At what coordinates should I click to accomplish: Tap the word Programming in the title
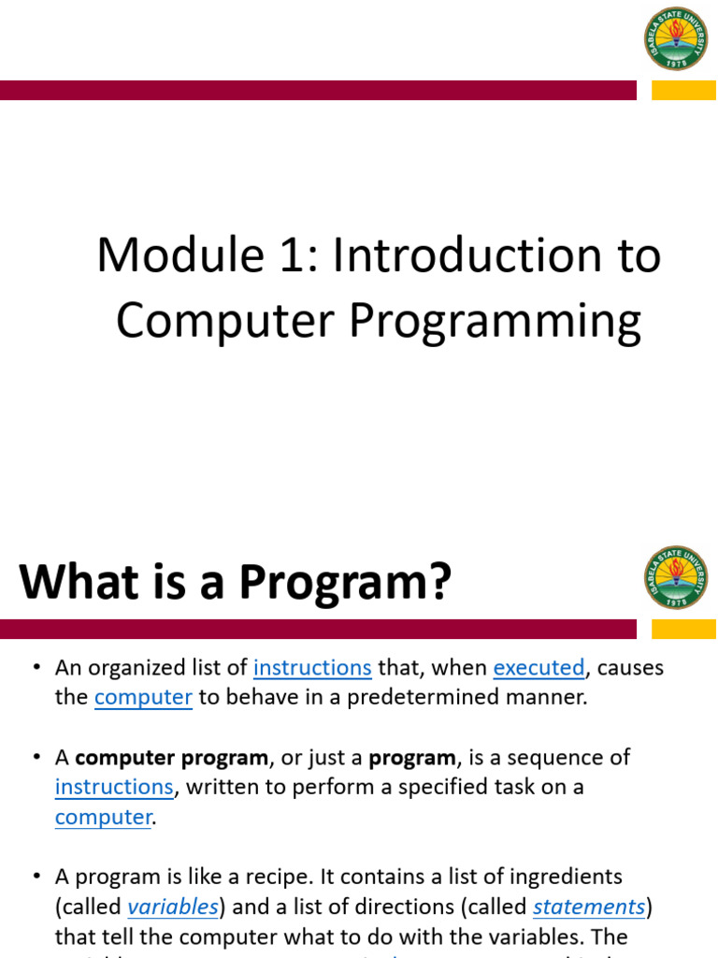click(495, 322)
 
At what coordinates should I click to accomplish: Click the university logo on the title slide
click(676, 37)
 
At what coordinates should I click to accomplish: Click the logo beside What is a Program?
click(676, 577)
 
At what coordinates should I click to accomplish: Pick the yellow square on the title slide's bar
click(683, 90)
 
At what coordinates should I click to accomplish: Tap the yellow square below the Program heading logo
click(683, 629)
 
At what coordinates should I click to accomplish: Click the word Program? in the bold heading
click(345, 582)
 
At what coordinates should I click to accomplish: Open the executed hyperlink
click(538, 668)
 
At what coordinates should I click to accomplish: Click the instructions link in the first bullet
click(312, 668)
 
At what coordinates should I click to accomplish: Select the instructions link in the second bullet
click(114, 788)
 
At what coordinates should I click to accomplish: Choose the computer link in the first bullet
click(143, 698)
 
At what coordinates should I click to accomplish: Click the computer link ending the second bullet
click(103, 818)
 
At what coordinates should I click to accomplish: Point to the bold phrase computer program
click(172, 758)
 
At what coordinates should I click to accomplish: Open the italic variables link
click(173, 907)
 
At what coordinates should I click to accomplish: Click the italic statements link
click(589, 907)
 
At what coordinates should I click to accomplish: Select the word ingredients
click(563, 878)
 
